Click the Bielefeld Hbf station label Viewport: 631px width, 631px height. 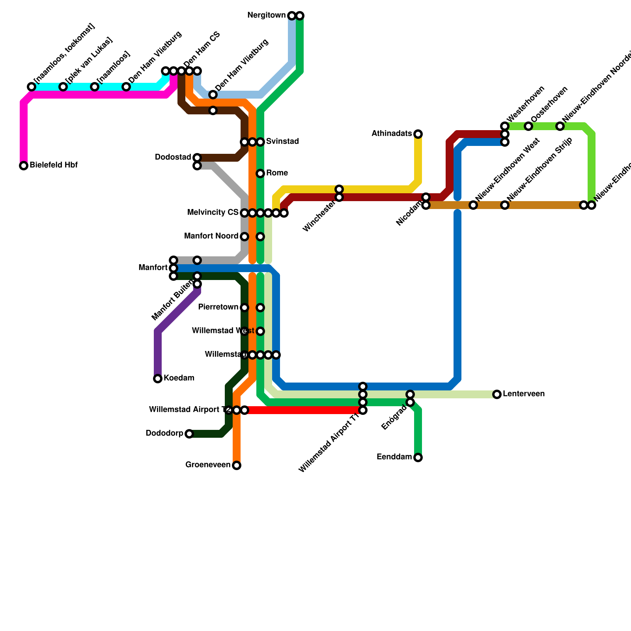click(53, 165)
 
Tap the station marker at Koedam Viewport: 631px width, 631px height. click(158, 379)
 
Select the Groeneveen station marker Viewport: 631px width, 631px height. click(237, 465)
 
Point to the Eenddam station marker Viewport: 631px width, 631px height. click(418, 457)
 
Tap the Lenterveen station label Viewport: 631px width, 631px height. click(523, 394)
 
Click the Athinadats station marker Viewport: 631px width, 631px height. click(418, 134)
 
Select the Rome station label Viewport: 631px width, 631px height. click(277, 173)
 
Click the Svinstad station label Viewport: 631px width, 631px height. click(282, 142)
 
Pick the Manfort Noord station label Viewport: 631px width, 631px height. click(211, 237)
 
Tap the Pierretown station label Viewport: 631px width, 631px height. click(218, 307)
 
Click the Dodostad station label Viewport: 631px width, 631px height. click(173, 157)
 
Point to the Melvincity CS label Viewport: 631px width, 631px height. click(213, 213)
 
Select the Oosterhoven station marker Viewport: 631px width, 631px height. click(528, 126)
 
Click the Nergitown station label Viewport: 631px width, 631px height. click(266, 16)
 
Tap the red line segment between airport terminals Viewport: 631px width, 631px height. click(304, 410)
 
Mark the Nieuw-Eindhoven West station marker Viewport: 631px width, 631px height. click(473, 205)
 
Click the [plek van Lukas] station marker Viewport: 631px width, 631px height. click(63, 87)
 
